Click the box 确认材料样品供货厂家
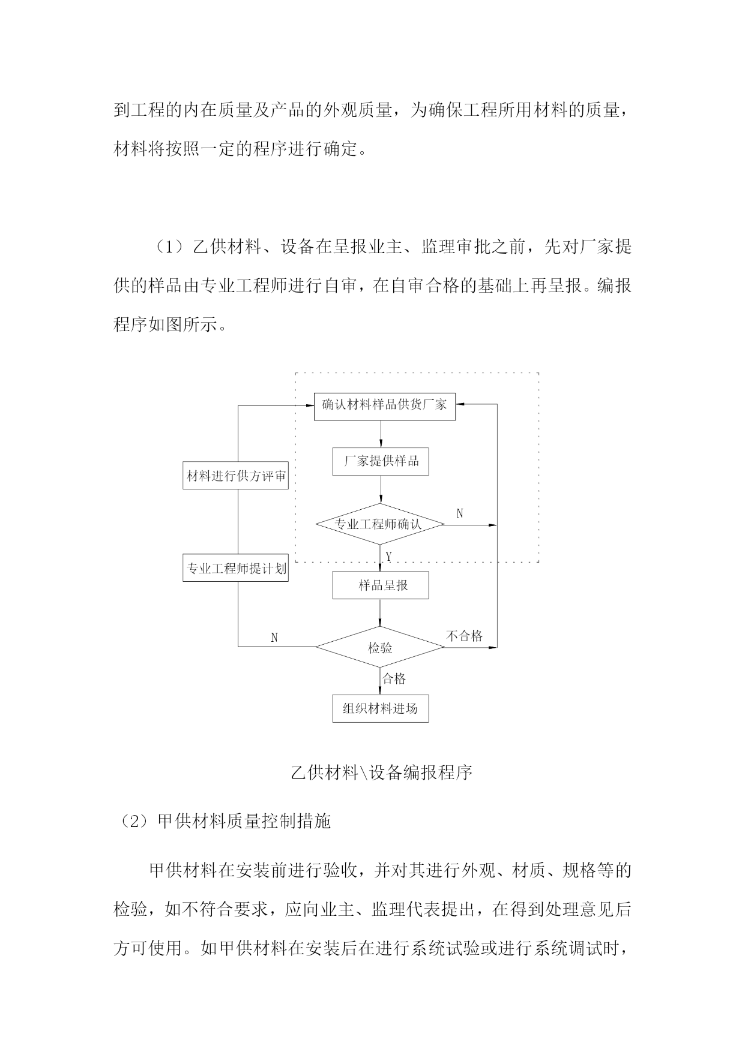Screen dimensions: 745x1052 pos(385,405)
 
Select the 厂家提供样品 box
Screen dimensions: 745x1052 pos(381,462)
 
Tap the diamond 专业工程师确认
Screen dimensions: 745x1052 pos(381,524)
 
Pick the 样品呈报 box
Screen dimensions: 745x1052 pos(381,585)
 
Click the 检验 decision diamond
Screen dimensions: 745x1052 pos(380,647)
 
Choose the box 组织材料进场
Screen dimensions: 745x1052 pos(381,708)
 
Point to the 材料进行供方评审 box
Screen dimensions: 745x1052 pos(236,476)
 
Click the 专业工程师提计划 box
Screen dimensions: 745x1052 pos(236,568)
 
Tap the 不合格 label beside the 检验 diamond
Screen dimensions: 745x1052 pos(465,636)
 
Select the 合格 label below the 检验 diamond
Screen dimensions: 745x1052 pos(394,678)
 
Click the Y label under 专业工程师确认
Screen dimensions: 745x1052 pos(388,557)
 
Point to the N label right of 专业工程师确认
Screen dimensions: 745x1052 pos(460,513)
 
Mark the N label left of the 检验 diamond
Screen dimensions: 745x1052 pos(274,638)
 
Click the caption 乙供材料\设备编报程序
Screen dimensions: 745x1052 pos(382,773)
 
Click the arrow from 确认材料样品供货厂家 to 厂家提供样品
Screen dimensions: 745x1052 pos(381,434)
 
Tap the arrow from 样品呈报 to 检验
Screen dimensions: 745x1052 pos(381,613)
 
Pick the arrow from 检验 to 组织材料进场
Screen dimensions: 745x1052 pos(381,681)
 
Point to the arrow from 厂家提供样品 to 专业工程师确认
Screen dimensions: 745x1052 pos(381,489)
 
